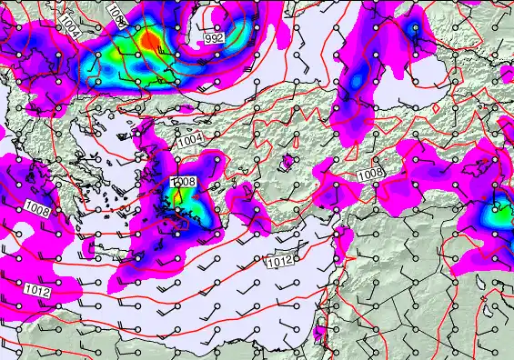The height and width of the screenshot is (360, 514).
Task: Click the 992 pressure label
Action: point(215,39)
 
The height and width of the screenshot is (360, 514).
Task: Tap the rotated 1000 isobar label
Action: point(116,11)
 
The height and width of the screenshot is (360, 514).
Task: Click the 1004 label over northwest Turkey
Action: point(190,140)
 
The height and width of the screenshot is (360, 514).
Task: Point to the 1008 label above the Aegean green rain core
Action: point(184,183)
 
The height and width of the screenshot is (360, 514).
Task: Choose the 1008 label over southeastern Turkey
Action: point(370,175)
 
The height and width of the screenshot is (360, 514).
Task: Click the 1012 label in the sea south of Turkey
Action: point(280,262)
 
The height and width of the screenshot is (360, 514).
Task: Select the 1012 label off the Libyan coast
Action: point(37,291)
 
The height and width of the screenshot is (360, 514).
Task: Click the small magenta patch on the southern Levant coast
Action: point(319,334)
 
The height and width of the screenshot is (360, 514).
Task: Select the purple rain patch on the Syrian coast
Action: point(343,238)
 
